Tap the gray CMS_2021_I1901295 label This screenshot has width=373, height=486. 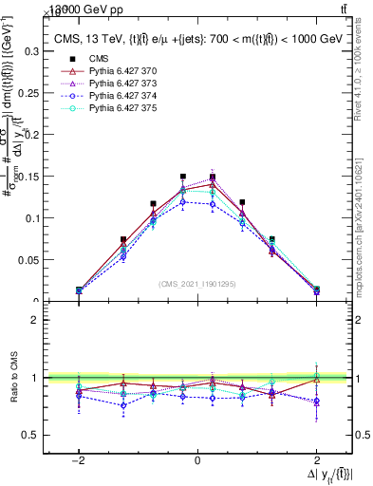(197, 284)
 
